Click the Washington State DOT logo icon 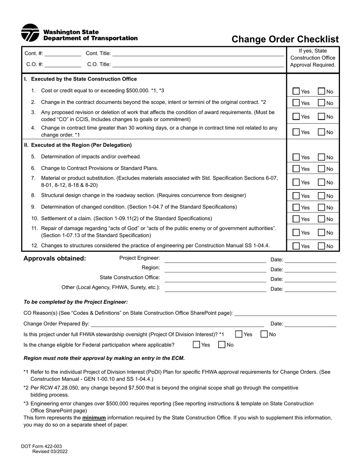pyautogui.click(x=30, y=33)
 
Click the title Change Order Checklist pyautogui.click(x=285, y=39)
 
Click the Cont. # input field pyautogui.click(x=63, y=53)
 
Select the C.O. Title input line pyautogui.click(x=198, y=64)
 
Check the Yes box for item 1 pyautogui.click(x=296, y=91)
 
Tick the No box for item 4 pyautogui.click(x=321, y=132)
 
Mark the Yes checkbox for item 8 pyautogui.click(x=296, y=196)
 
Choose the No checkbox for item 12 pyautogui.click(x=321, y=246)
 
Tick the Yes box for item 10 pyautogui.click(x=296, y=219)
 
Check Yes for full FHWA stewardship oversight pyautogui.click(x=239, y=334)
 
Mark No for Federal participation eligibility pyautogui.click(x=222, y=345)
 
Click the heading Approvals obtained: pyautogui.click(x=55, y=259)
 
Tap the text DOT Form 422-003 pyautogui.click(x=41, y=447)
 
